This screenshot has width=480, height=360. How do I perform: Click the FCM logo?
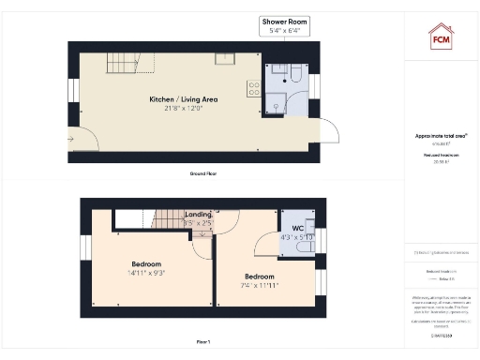click(x=442, y=38)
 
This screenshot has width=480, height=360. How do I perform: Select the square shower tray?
click(x=280, y=105)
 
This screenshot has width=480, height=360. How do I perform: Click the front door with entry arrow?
click(x=86, y=142)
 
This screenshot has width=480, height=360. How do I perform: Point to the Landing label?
click(x=197, y=215)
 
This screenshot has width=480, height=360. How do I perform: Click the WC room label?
click(x=298, y=228)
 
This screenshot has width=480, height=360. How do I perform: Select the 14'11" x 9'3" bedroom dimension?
click(x=149, y=273)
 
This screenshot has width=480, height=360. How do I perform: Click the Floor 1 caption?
click(x=202, y=342)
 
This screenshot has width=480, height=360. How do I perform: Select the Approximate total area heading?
click(x=441, y=136)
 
